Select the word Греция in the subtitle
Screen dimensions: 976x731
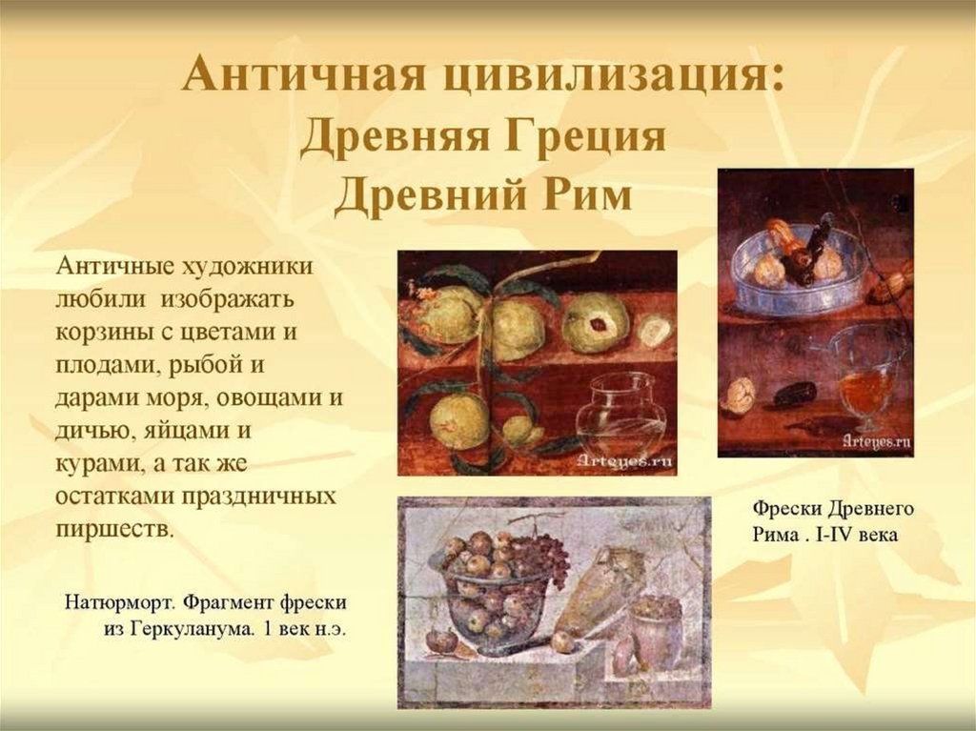[x=584, y=137]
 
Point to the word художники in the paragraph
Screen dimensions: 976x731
[x=247, y=267]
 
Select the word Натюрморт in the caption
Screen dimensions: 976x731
[x=122, y=603]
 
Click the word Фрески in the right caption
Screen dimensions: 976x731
[x=785, y=509]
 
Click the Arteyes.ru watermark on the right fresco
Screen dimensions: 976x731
[x=877, y=441]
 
